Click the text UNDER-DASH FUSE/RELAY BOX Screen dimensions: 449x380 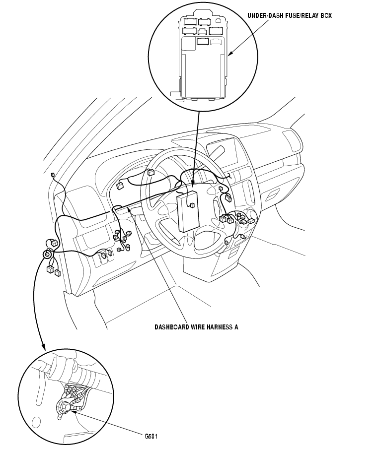point(290,16)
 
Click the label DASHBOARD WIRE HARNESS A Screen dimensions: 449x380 point(196,327)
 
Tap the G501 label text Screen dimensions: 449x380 point(151,437)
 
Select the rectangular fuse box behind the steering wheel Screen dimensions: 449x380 point(188,211)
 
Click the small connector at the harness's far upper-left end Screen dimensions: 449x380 point(52,175)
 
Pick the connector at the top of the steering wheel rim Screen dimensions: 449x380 point(151,173)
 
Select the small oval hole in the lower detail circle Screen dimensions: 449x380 point(36,422)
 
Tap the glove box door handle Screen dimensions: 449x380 point(273,194)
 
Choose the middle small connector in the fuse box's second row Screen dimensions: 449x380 point(203,31)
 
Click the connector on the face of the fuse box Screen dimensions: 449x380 point(191,204)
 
